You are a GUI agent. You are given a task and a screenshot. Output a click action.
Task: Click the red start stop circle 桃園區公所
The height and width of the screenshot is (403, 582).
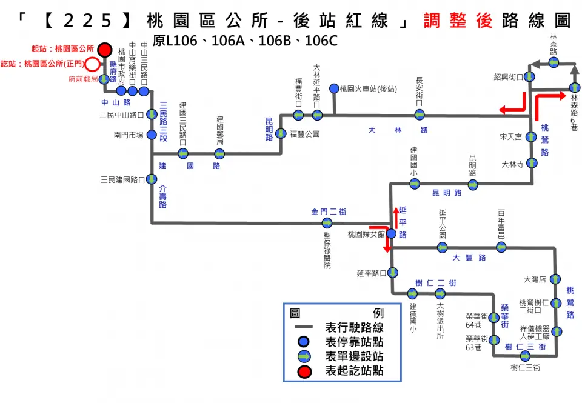pos(105,49)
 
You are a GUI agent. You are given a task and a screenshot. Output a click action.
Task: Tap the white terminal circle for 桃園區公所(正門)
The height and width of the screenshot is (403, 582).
pos(92,64)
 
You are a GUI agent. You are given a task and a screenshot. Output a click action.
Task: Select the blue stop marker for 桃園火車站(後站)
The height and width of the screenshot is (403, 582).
pos(334,89)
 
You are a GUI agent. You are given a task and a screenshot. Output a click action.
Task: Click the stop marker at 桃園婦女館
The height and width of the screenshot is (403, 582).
pos(391,233)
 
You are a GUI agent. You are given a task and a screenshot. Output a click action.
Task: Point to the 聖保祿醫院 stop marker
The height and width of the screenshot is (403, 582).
pos(327,223)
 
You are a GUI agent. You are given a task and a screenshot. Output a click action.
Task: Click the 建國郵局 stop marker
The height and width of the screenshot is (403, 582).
pos(219,153)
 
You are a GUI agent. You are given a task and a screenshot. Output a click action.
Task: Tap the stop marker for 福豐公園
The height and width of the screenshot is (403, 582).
pos(281,134)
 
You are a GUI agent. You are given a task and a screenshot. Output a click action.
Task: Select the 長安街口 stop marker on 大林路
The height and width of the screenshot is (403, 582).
pos(419,115)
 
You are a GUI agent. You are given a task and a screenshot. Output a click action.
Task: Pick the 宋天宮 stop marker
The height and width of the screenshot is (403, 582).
pos(532,136)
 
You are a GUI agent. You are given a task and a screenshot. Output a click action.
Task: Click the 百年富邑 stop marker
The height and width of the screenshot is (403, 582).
pos(501,247)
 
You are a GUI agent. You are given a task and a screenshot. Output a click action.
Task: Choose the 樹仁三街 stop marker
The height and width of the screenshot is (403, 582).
pos(525,356)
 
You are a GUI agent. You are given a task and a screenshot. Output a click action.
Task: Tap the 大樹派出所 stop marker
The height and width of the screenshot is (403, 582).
pos(440,294)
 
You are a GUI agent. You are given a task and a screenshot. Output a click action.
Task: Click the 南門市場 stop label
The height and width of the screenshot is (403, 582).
pos(128,135)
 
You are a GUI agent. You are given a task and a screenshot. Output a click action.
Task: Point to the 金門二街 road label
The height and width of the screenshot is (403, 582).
pos(329,211)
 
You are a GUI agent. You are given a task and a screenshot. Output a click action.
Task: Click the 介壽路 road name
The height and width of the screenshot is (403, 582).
pos(162,197)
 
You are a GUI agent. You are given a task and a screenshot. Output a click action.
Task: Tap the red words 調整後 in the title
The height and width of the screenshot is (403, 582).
pos(458,21)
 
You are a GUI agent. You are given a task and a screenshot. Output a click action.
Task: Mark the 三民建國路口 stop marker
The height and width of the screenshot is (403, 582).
pos(151,179)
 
